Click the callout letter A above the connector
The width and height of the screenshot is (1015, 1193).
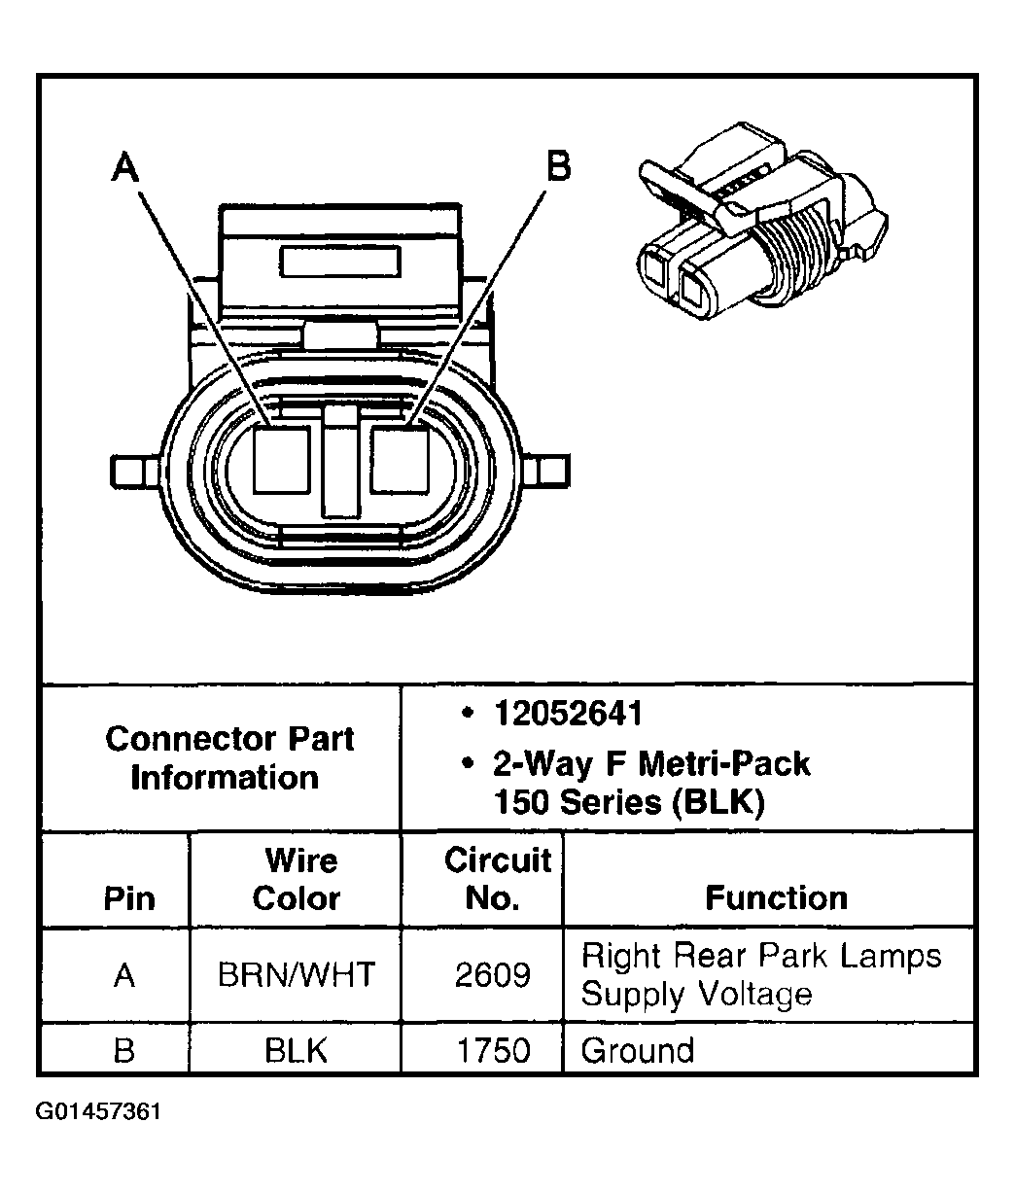125,169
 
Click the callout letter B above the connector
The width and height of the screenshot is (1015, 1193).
558,165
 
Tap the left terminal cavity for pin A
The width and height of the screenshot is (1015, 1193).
282,459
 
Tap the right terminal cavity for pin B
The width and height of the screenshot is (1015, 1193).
400,459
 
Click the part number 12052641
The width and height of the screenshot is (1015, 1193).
568,715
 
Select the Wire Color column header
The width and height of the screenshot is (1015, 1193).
297,879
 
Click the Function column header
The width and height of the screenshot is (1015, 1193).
776,897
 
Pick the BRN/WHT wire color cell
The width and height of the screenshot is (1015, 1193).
297,974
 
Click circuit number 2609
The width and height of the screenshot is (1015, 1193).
492,974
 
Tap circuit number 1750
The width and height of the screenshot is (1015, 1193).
492,1050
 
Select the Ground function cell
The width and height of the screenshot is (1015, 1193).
638,1050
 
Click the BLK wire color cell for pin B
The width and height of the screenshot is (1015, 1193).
297,1050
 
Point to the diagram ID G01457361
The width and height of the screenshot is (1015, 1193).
98,1110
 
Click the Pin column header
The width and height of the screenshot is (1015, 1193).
128,897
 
